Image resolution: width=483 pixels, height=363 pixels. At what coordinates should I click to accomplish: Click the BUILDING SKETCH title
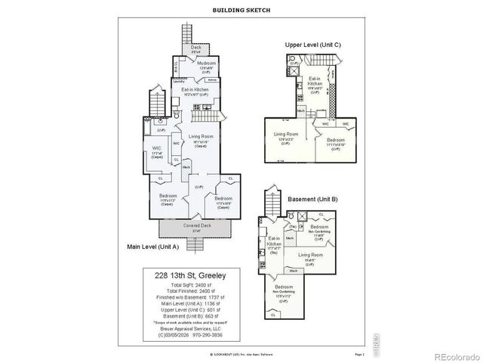click(241, 10)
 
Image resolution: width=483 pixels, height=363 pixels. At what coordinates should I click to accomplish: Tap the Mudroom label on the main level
click(208, 63)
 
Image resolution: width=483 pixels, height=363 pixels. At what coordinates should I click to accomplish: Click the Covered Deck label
click(195, 226)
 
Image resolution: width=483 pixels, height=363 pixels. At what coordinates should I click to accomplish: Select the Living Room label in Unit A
click(201, 137)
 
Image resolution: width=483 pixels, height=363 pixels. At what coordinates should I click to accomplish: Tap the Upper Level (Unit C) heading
click(313, 45)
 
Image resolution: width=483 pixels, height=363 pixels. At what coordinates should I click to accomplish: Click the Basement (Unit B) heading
click(312, 199)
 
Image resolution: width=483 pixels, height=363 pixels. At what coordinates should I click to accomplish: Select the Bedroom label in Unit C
click(336, 141)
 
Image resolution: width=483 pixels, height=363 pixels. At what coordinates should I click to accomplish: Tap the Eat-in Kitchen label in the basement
click(275, 242)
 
